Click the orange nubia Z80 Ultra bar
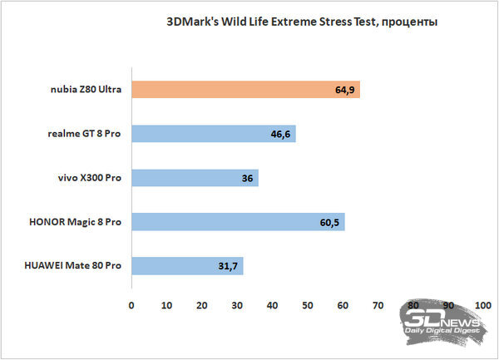(x=246, y=89)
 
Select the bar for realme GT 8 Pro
(x=214, y=134)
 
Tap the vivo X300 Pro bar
(x=195, y=178)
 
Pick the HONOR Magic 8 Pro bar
(x=239, y=222)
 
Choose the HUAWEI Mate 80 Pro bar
(x=188, y=266)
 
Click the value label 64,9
(x=344, y=91)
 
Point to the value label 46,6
(x=280, y=135)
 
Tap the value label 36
(x=247, y=178)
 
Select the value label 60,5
(x=329, y=223)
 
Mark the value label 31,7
(x=228, y=266)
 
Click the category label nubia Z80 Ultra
(x=86, y=89)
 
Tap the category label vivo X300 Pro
(x=90, y=178)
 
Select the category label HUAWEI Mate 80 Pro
(x=73, y=265)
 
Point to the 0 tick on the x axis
(x=131, y=306)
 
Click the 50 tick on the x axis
(x=308, y=306)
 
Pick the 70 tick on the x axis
(x=378, y=306)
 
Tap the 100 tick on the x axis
(x=482, y=306)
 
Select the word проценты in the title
(x=409, y=22)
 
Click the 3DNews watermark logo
(x=443, y=323)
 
